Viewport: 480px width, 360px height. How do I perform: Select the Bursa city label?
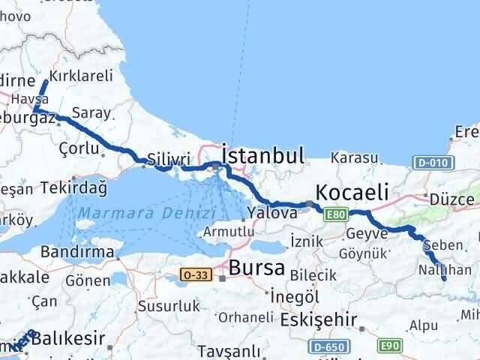pyautogui.click(x=256, y=267)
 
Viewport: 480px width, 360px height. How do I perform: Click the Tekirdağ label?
pyautogui.click(x=75, y=187)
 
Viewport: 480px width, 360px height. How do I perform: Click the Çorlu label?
pyautogui.click(x=78, y=148)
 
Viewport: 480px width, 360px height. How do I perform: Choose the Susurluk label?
pyautogui.click(x=169, y=306)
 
